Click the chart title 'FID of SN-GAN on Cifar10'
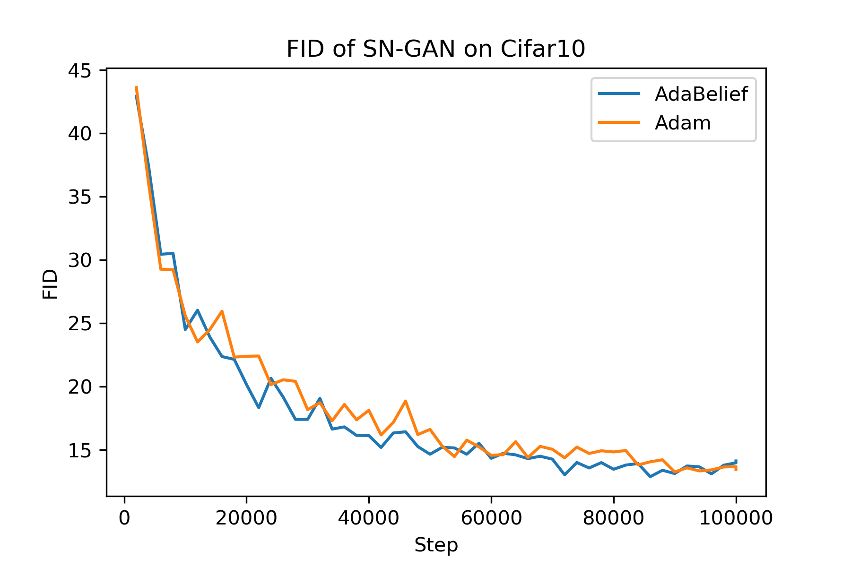pyautogui.click(x=436, y=49)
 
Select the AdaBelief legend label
pyautogui.click(x=701, y=94)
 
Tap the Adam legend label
pyautogui.click(x=683, y=123)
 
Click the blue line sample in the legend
pyautogui.click(x=619, y=94)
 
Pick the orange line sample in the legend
pyautogui.click(x=619, y=122)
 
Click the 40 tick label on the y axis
pyautogui.click(x=79, y=134)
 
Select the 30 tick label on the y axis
pyautogui.click(x=79, y=260)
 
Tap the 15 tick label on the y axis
pyautogui.click(x=79, y=450)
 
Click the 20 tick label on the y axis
pyautogui.click(x=79, y=387)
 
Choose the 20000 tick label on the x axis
pyautogui.click(x=246, y=518)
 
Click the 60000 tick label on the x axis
pyautogui.click(x=491, y=518)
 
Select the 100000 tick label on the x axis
pyautogui.click(x=736, y=518)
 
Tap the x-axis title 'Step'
pyautogui.click(x=436, y=545)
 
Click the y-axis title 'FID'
pyautogui.click(x=50, y=284)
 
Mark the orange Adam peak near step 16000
pyautogui.click(x=222, y=311)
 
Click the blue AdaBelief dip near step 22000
pyautogui.click(x=259, y=407)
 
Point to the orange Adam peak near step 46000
pyautogui.click(x=405, y=401)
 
